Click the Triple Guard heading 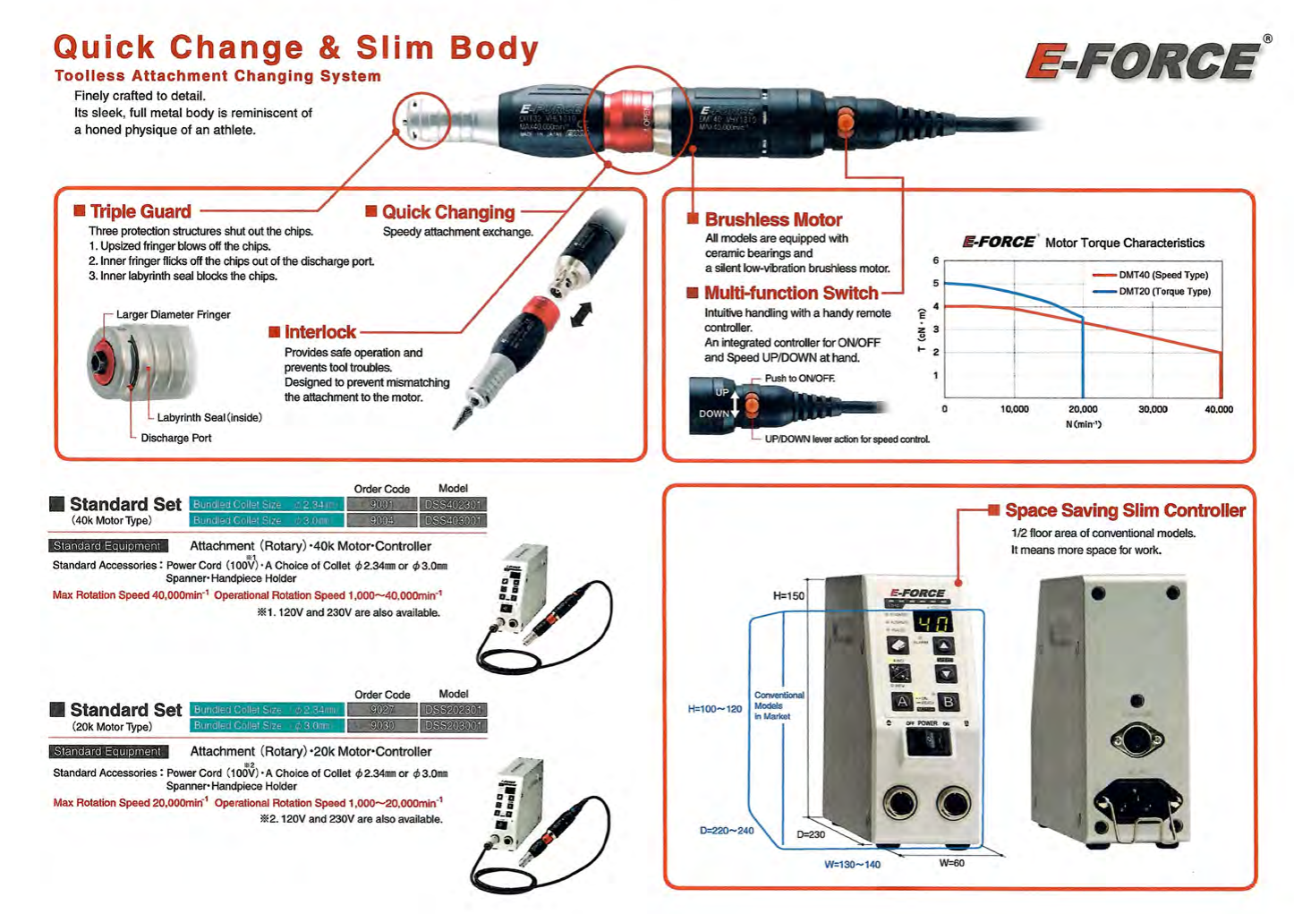140,212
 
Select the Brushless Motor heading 772,219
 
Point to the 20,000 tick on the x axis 1083,409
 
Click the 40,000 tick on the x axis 1219,409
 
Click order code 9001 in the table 382,505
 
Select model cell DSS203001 453,726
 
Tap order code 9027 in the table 382,710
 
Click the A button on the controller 902,702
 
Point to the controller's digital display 933,622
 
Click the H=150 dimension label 788,595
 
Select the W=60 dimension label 951,863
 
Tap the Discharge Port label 176,438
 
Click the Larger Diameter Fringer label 173,314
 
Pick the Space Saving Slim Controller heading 1124,510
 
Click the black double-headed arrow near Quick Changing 582,314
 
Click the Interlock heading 319,332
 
